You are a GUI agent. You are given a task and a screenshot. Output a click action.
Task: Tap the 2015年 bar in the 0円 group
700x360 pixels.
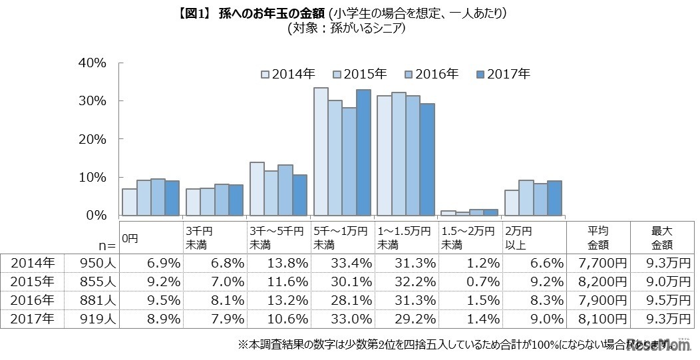point(144,198)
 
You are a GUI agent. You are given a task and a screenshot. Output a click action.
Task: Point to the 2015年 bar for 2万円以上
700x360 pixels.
point(526,198)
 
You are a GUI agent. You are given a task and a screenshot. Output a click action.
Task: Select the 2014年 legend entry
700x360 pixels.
point(288,74)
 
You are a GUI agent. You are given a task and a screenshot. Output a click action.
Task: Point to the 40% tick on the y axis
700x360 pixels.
point(92,63)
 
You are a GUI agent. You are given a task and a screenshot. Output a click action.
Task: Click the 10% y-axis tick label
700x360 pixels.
point(92,178)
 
